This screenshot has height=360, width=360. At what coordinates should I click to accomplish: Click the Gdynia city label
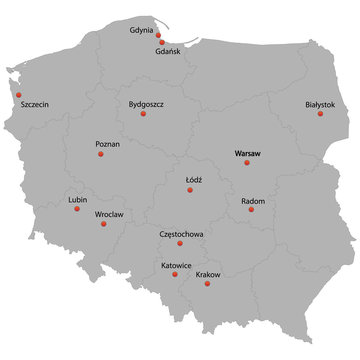click(x=142, y=30)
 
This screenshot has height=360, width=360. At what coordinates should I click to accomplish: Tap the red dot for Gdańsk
click(x=162, y=42)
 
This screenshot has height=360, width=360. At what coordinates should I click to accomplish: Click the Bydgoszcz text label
click(x=146, y=103)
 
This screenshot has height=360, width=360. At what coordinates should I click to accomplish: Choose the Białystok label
click(x=320, y=104)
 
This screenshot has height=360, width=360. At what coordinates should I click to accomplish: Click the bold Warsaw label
click(x=246, y=153)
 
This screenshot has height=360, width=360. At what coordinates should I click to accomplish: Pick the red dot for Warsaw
click(x=246, y=164)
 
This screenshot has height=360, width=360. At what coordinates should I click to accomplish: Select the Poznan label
click(x=107, y=144)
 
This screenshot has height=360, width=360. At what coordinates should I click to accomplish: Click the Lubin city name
click(x=77, y=200)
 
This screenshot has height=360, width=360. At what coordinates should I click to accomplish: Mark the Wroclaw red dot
click(x=104, y=224)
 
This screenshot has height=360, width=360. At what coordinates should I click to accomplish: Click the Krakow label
click(x=209, y=274)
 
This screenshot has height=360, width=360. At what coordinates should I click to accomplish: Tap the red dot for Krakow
click(x=207, y=285)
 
